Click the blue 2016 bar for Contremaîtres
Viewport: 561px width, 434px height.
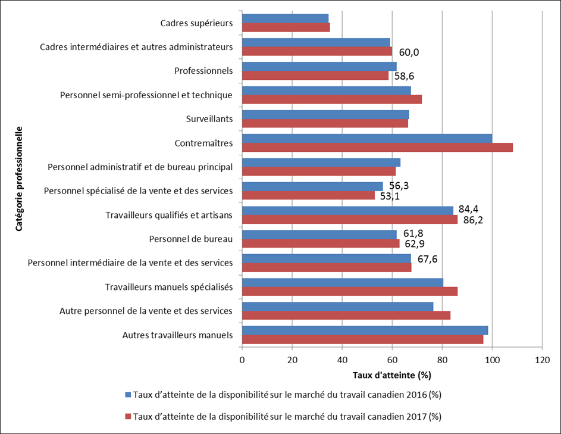pyautogui.click(x=367, y=138)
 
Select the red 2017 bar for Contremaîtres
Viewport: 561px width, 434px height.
pyautogui.click(x=377, y=147)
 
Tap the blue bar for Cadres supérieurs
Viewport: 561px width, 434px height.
pyautogui.click(x=285, y=18)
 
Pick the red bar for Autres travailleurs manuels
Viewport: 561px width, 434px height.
pyautogui.click(x=362, y=339)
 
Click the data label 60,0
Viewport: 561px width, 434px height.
pyautogui.click(x=409, y=52)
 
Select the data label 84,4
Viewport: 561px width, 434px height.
pyautogui.click(x=469, y=209)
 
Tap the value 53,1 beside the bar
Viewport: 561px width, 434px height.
pyautogui.click(x=391, y=196)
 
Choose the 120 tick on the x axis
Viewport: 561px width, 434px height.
pyautogui.click(x=542, y=360)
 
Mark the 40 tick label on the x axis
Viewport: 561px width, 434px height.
pyautogui.click(x=342, y=360)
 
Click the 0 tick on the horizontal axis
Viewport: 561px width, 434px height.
pyautogui.click(x=242, y=360)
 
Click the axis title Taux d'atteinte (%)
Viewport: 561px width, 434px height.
pyautogui.click(x=391, y=375)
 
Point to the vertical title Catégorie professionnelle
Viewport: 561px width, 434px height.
pyautogui.click(x=19, y=177)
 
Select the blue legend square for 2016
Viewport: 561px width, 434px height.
pyautogui.click(x=128, y=395)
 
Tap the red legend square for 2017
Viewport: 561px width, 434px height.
pyautogui.click(x=128, y=416)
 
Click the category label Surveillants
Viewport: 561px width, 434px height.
pyautogui.click(x=209, y=119)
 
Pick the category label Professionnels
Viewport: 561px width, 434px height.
pyautogui.click(x=203, y=71)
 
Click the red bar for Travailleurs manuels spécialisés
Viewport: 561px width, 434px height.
pyautogui.click(x=350, y=291)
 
